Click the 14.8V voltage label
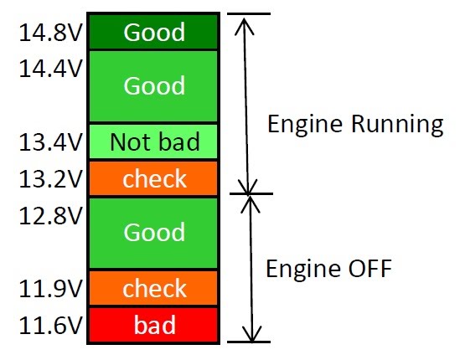point(50,33)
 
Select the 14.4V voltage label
point(50,69)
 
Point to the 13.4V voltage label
point(50,142)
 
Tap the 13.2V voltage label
point(50,178)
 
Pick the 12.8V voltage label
point(50,215)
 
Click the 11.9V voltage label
point(50,289)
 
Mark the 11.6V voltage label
point(50,325)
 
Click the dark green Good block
point(153,32)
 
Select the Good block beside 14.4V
point(153,86)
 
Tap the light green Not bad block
point(153,141)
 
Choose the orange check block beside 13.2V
point(153,178)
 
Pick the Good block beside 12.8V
point(153,233)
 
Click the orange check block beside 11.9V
point(153,288)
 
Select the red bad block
point(153,325)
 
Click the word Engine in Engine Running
point(305,125)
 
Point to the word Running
point(397,125)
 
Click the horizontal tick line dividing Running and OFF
point(251,193)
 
